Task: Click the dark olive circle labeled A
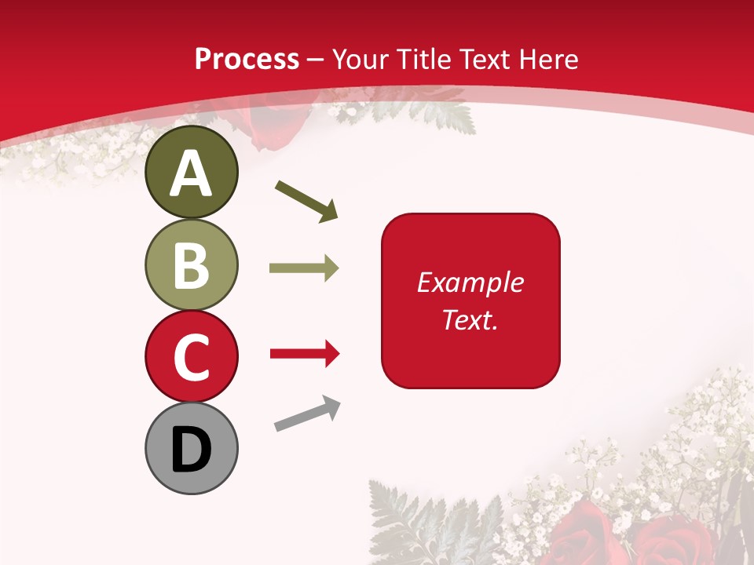(191, 173)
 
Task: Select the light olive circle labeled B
(191, 264)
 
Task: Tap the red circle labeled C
(191, 356)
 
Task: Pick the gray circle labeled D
(191, 448)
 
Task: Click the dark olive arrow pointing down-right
(307, 202)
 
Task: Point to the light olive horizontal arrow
(304, 268)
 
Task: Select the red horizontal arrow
(305, 354)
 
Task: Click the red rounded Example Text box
(470, 301)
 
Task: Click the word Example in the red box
(470, 282)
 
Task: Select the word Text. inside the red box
(470, 319)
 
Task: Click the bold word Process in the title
(247, 59)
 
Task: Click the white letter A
(191, 173)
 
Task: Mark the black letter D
(191, 449)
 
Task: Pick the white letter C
(191, 357)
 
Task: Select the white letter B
(191, 265)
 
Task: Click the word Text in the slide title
(484, 59)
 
